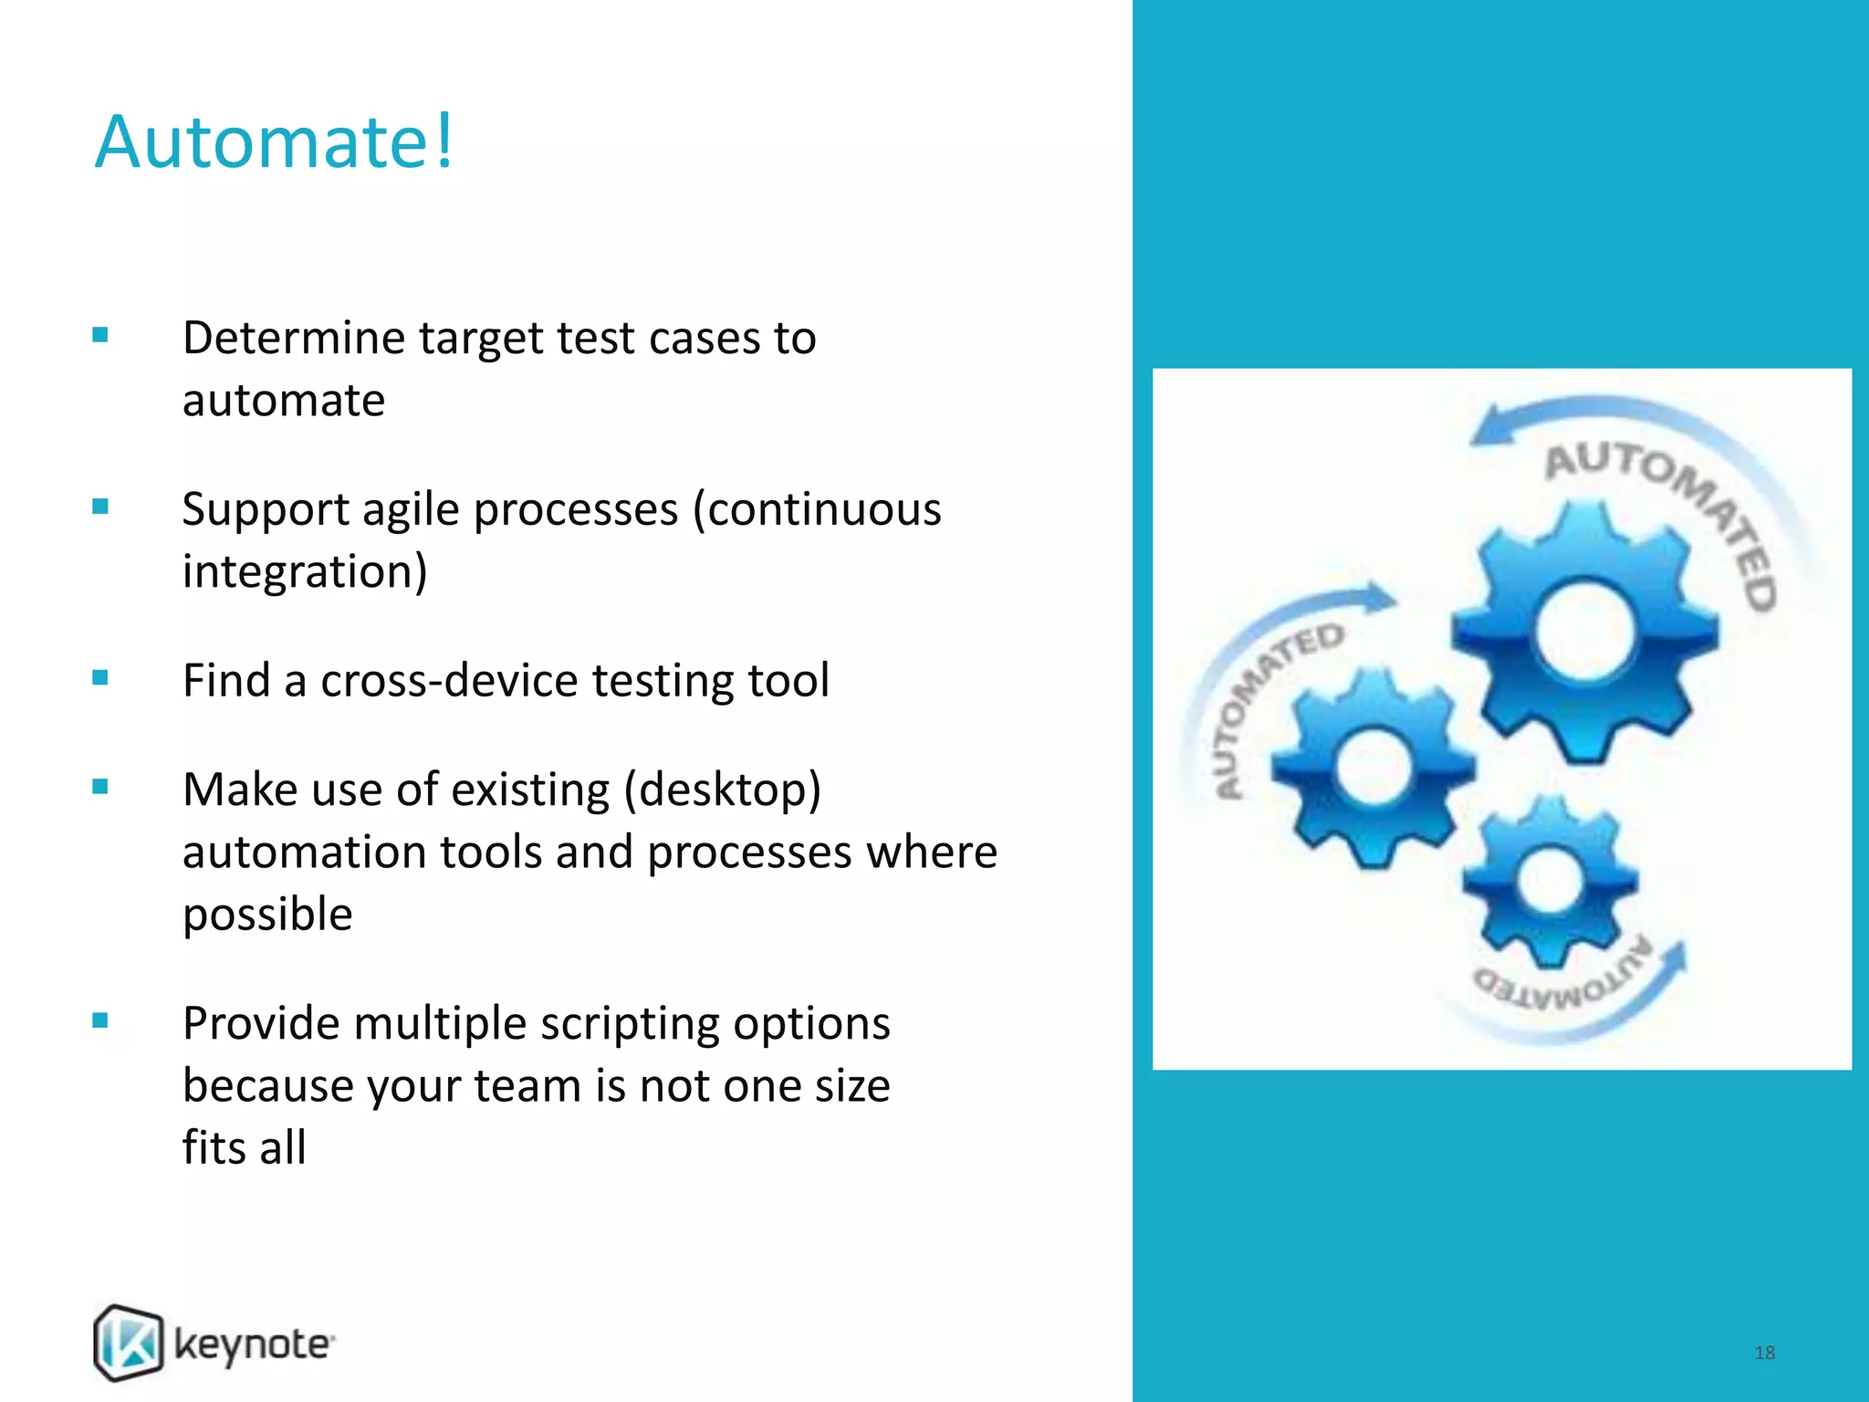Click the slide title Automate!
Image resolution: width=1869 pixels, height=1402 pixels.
tap(274, 142)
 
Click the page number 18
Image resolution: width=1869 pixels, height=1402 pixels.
tap(1764, 1353)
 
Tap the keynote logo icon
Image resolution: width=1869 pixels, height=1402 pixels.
tap(129, 1342)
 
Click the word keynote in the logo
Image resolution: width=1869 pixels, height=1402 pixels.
tap(254, 1345)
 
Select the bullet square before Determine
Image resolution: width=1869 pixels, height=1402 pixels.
tap(100, 335)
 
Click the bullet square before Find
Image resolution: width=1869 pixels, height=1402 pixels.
tap(100, 677)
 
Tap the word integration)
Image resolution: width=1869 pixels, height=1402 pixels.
tap(304, 572)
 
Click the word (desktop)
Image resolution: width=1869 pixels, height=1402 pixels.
tap(723, 790)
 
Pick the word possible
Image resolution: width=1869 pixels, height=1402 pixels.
tap(267, 915)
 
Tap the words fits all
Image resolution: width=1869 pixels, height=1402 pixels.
tap(244, 1148)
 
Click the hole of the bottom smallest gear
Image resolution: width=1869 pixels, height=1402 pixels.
tap(1549, 880)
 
